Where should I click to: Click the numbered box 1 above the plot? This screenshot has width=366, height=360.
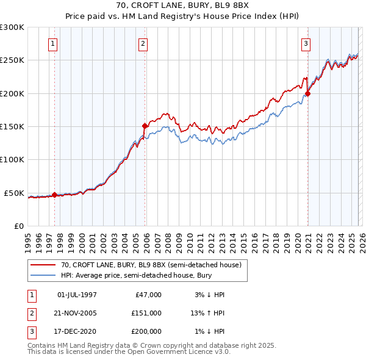coord(54,43)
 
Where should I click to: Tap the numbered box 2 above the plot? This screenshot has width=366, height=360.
coord(143,43)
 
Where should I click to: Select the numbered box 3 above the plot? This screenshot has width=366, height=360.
coord(305,43)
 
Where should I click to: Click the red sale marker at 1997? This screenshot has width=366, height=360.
coord(54,195)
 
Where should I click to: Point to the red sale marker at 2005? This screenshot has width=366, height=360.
coord(145,126)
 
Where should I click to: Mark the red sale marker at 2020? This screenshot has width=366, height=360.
coord(307,93)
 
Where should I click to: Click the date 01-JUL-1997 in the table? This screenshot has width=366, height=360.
coord(77,295)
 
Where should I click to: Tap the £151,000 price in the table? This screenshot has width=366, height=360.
coord(146,313)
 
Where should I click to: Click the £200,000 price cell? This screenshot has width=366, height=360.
coord(146,331)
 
